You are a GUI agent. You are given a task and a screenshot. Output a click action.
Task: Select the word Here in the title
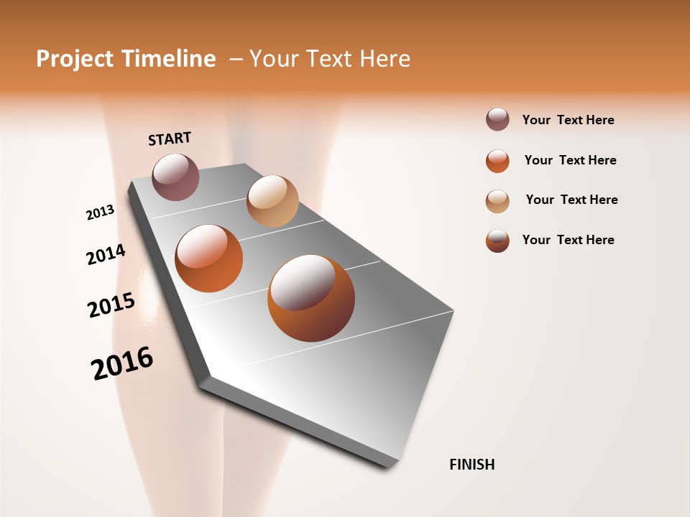tap(385, 59)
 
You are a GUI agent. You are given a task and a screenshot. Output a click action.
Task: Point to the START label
tap(170, 139)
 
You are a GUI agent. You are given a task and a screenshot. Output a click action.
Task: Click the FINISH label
tap(471, 465)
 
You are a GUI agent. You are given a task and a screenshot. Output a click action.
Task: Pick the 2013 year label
tap(100, 213)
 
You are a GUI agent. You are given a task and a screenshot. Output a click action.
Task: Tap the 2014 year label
tap(106, 255)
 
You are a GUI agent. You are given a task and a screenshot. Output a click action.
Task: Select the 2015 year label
tap(111, 305)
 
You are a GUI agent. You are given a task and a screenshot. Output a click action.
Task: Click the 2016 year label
tap(122, 363)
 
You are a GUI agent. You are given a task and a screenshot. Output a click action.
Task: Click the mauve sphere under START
tap(175, 177)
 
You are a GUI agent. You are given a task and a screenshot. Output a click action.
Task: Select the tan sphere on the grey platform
tap(272, 201)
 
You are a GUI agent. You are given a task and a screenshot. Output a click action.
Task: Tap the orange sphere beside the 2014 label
tap(209, 258)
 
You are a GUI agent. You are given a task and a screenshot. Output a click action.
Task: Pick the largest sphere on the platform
tap(311, 298)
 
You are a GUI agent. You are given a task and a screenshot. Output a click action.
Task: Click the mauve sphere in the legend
tap(497, 120)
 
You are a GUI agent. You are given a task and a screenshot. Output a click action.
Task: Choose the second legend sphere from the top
tap(497, 161)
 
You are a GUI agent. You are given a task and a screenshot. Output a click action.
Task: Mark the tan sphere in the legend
tap(497, 201)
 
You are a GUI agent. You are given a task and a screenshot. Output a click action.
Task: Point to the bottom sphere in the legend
tap(497, 241)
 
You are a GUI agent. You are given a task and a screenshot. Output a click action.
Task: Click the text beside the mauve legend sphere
tap(568, 120)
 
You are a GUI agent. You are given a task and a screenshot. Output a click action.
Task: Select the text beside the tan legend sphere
tap(571, 200)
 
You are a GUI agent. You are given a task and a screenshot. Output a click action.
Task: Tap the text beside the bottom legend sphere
tap(568, 240)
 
